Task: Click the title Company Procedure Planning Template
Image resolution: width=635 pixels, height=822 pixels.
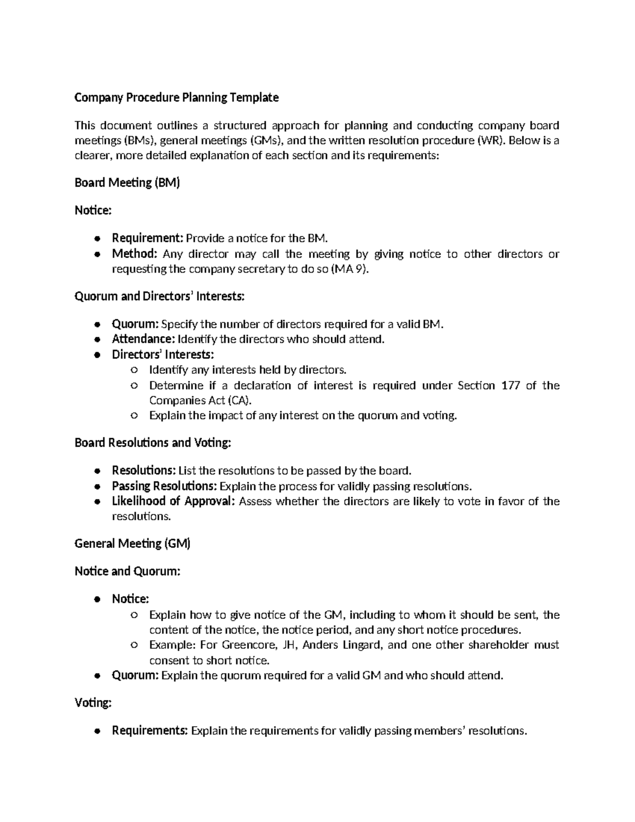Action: (x=176, y=97)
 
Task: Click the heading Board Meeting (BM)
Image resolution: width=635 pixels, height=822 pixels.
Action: (x=127, y=183)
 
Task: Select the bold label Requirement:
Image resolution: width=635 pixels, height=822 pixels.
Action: (x=147, y=238)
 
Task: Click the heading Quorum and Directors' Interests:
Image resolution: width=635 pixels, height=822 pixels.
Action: (x=159, y=296)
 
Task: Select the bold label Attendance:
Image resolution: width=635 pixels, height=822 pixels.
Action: (x=143, y=339)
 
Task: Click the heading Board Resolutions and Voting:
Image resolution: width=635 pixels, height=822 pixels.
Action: (x=153, y=442)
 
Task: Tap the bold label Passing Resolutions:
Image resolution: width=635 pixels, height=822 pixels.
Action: (x=164, y=486)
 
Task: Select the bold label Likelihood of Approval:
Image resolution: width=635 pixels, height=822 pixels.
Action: (x=173, y=501)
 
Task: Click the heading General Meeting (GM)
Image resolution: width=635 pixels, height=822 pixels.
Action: (x=132, y=544)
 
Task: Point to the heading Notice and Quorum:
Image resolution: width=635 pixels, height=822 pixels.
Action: (x=128, y=571)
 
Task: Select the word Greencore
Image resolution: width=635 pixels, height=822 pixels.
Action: (x=250, y=645)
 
